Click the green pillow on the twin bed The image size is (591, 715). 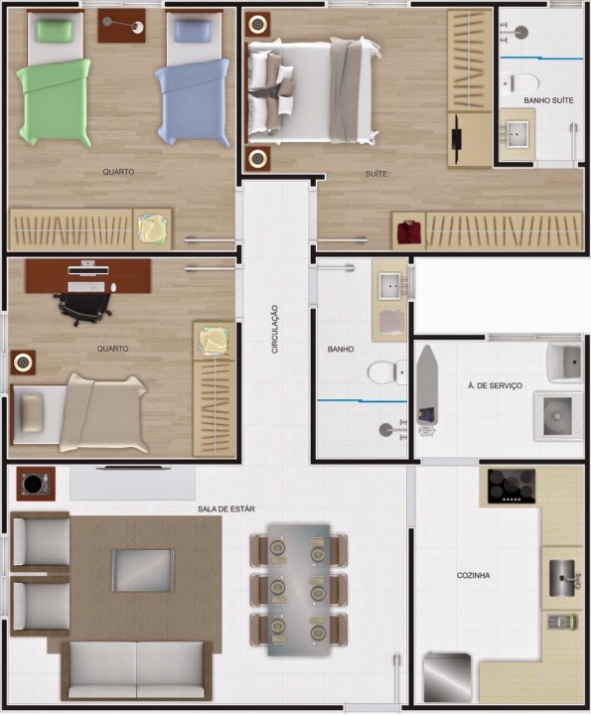tap(55, 31)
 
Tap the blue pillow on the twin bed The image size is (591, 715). tap(194, 31)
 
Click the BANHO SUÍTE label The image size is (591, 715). tap(548, 100)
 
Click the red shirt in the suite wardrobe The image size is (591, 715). tap(408, 231)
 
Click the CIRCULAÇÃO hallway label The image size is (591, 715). tap(274, 329)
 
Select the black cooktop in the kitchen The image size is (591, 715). tap(512, 487)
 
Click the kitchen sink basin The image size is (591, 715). tap(562, 578)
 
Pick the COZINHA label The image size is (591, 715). tap(474, 575)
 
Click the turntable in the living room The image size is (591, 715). tap(36, 484)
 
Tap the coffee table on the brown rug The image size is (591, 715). tap(143, 570)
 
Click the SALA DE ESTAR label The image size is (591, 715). tap(226, 508)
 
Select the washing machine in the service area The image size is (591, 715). tap(558, 415)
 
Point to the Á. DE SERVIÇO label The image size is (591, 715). tap(495, 385)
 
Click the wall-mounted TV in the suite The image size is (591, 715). tap(457, 139)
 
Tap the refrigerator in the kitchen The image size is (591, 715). tap(447, 678)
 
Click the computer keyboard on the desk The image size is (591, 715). tap(85, 287)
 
